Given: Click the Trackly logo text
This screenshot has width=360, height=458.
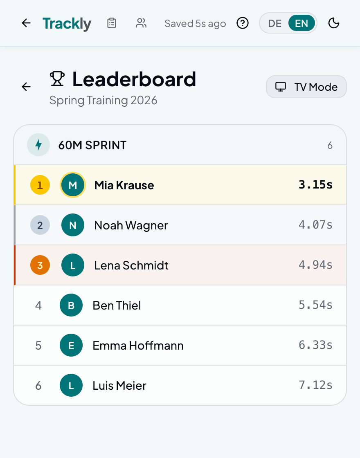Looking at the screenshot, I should click(x=67, y=24).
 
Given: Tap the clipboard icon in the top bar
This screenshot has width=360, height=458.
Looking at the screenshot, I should click(x=112, y=23).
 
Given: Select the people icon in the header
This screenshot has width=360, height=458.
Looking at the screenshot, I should click(x=141, y=23).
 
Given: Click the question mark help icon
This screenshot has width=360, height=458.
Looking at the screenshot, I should click(x=243, y=23).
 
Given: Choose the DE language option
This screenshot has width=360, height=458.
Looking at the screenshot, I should click(x=274, y=23).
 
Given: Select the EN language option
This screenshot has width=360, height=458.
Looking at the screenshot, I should click(x=301, y=23).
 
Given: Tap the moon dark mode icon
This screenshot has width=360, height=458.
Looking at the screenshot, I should click(x=334, y=23).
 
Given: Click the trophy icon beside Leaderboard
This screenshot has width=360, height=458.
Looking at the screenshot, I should click(x=57, y=79).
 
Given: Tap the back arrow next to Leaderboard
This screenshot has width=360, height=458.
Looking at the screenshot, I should click(x=26, y=87).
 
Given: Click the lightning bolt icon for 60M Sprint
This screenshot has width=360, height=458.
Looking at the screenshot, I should click(x=38, y=145).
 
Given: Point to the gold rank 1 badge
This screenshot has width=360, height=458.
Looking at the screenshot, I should click(x=40, y=185).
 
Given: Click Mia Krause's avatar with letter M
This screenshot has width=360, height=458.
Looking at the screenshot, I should click(x=73, y=185).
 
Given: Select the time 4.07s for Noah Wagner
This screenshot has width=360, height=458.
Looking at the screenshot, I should click(x=315, y=225).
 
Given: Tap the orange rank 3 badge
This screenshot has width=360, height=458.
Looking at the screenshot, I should click(x=40, y=265).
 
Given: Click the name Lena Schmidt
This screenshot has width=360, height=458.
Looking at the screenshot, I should click(x=131, y=265).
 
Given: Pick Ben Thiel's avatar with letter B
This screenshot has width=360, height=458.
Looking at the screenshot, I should click(x=71, y=305).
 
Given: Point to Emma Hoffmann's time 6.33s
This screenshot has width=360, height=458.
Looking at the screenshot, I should click(x=315, y=345).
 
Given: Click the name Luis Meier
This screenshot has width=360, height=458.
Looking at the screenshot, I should click(x=119, y=385).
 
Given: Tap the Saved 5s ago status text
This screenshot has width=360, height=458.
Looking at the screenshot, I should click(x=195, y=24).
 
